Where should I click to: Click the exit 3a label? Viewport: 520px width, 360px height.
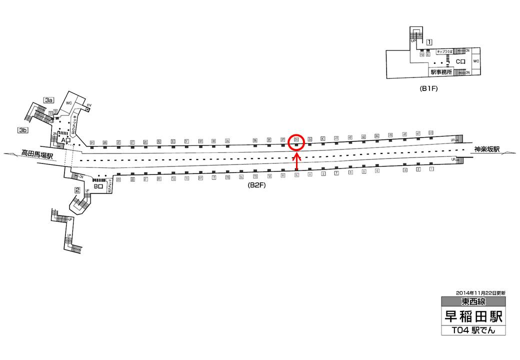pos(48,100)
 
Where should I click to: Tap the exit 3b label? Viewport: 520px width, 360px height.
pos(22,130)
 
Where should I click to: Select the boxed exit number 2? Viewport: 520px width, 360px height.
pos(77,189)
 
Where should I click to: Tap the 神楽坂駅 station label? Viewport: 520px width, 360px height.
pos(486,149)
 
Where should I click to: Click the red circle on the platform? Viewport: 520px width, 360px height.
pos(296,142)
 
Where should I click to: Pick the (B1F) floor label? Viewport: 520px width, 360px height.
pos(429,89)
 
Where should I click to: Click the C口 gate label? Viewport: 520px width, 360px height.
pos(460,61)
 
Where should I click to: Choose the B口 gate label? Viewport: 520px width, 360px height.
pos(98,186)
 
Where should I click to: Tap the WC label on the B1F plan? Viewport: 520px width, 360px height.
pos(476,61)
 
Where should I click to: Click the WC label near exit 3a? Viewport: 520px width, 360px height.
pos(69,103)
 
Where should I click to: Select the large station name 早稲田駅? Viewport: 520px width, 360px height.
pos(473,316)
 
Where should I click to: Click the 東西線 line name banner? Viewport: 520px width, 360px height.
pos(473,301)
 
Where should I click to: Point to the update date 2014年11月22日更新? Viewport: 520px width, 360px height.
pos(480,292)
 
